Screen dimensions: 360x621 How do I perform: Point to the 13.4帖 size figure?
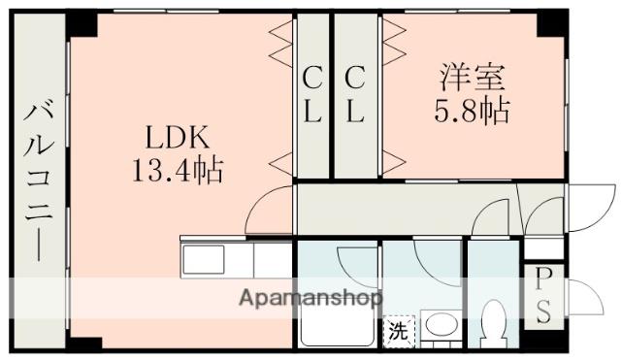178,172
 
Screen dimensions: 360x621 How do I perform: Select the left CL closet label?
311,95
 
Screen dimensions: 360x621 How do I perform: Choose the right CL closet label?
355,95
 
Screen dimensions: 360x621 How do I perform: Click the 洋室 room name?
473,76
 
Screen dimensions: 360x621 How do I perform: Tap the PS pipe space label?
543,296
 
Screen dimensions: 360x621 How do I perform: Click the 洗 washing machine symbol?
398,331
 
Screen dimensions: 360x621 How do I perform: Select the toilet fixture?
494,326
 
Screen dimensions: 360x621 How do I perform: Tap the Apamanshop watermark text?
310,297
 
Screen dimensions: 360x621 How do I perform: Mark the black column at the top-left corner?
82,21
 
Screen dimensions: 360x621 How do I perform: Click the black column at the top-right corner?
554,21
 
